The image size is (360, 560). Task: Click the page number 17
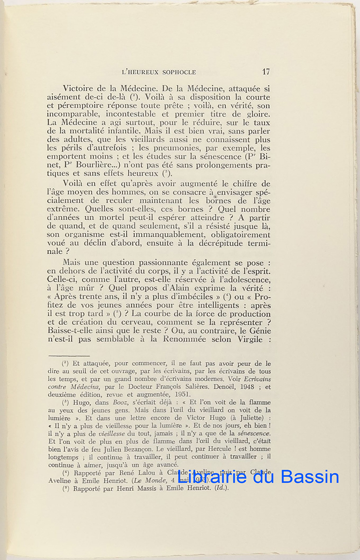click(x=266, y=72)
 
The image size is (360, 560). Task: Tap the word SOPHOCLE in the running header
click(x=178, y=72)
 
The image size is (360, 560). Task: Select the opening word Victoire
click(x=80, y=89)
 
